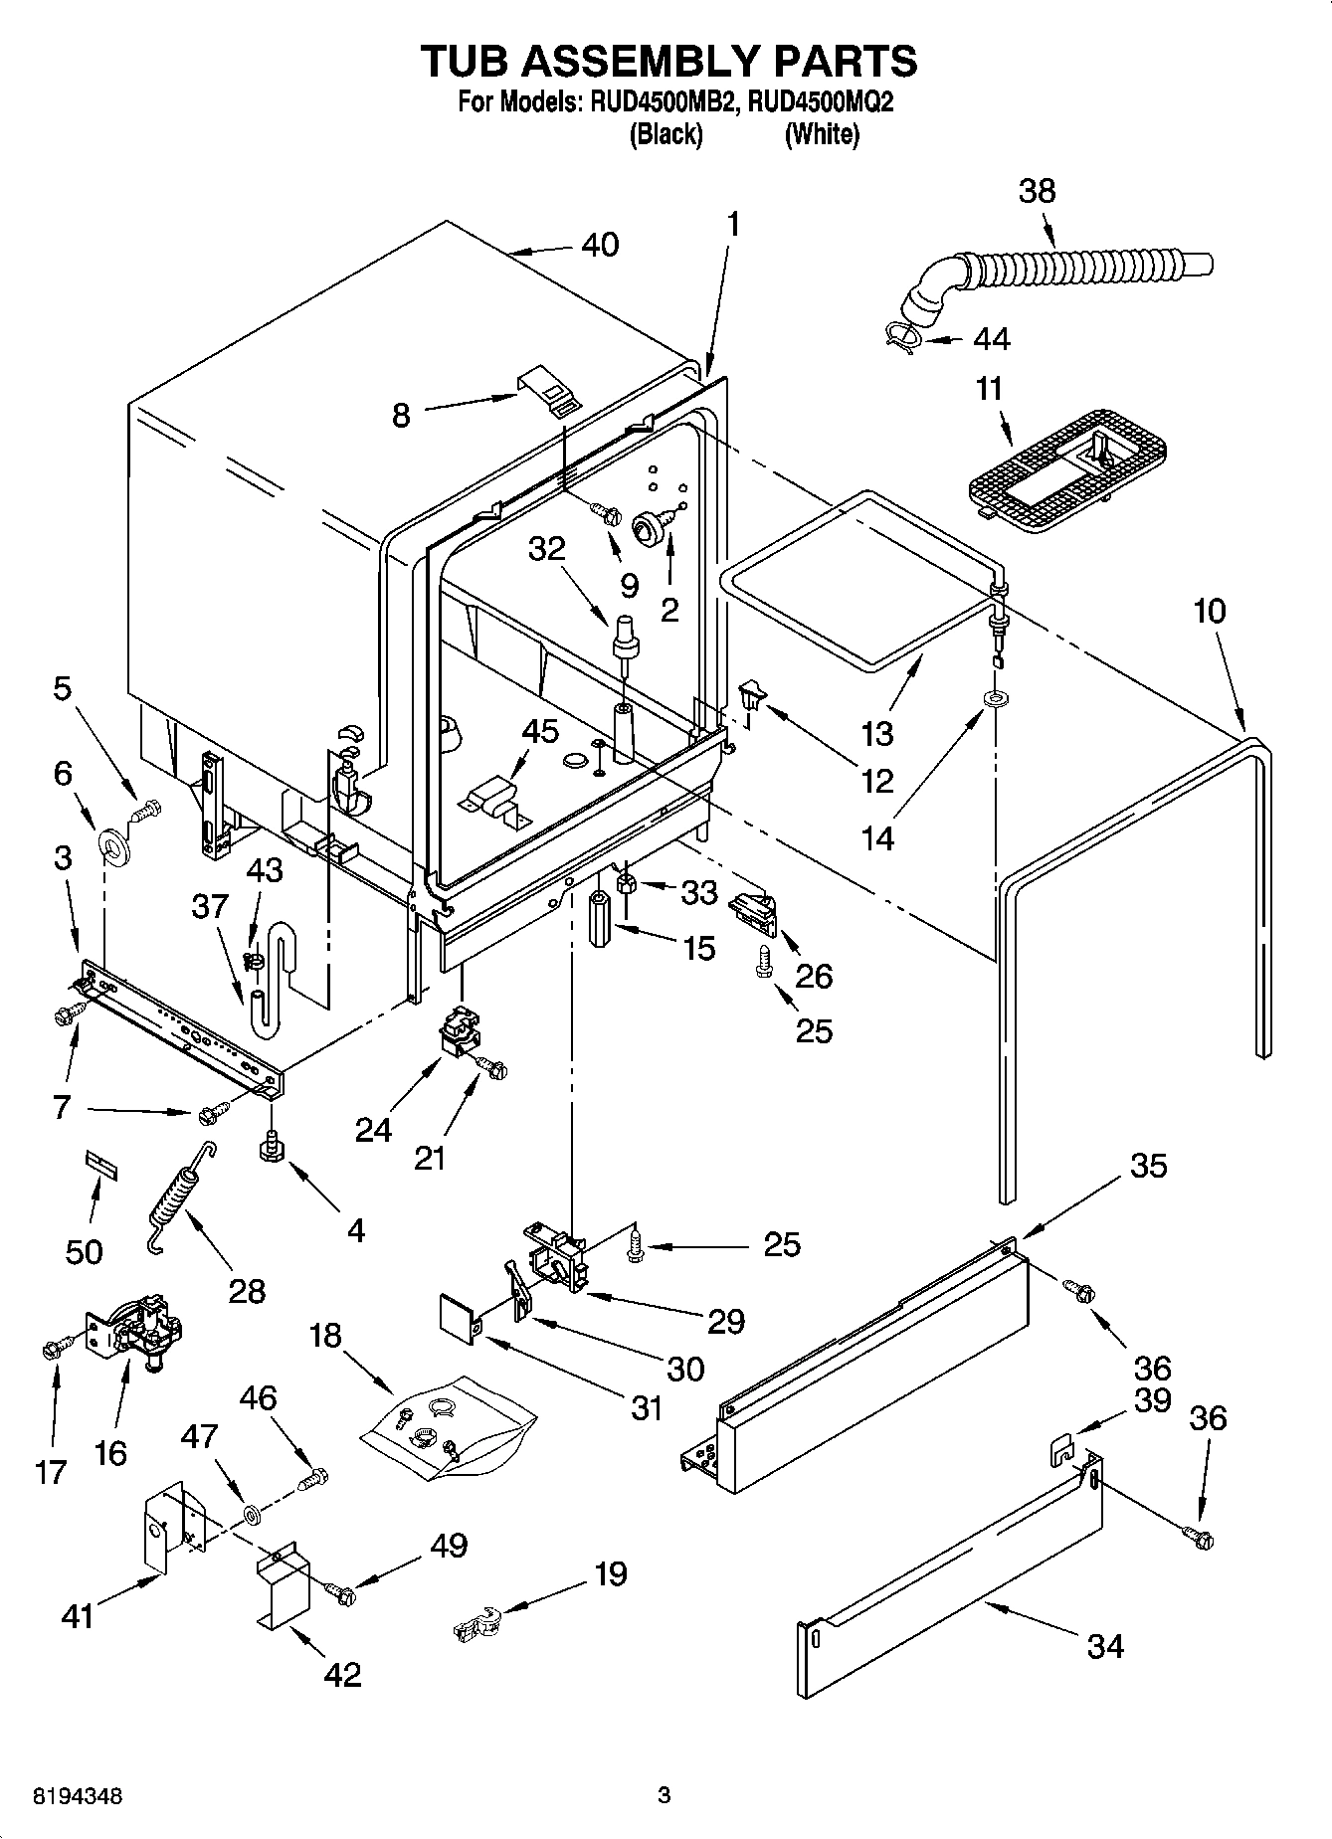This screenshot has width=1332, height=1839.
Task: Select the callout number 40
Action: (600, 245)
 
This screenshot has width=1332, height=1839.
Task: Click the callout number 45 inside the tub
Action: (540, 731)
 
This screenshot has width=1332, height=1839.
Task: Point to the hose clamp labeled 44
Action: (902, 338)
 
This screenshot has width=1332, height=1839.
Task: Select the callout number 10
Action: (1209, 611)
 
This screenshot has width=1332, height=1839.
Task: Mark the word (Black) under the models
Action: (666, 134)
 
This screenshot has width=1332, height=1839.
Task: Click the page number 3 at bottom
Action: (665, 1796)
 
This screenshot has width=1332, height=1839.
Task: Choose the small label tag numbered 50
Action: (100, 1164)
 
